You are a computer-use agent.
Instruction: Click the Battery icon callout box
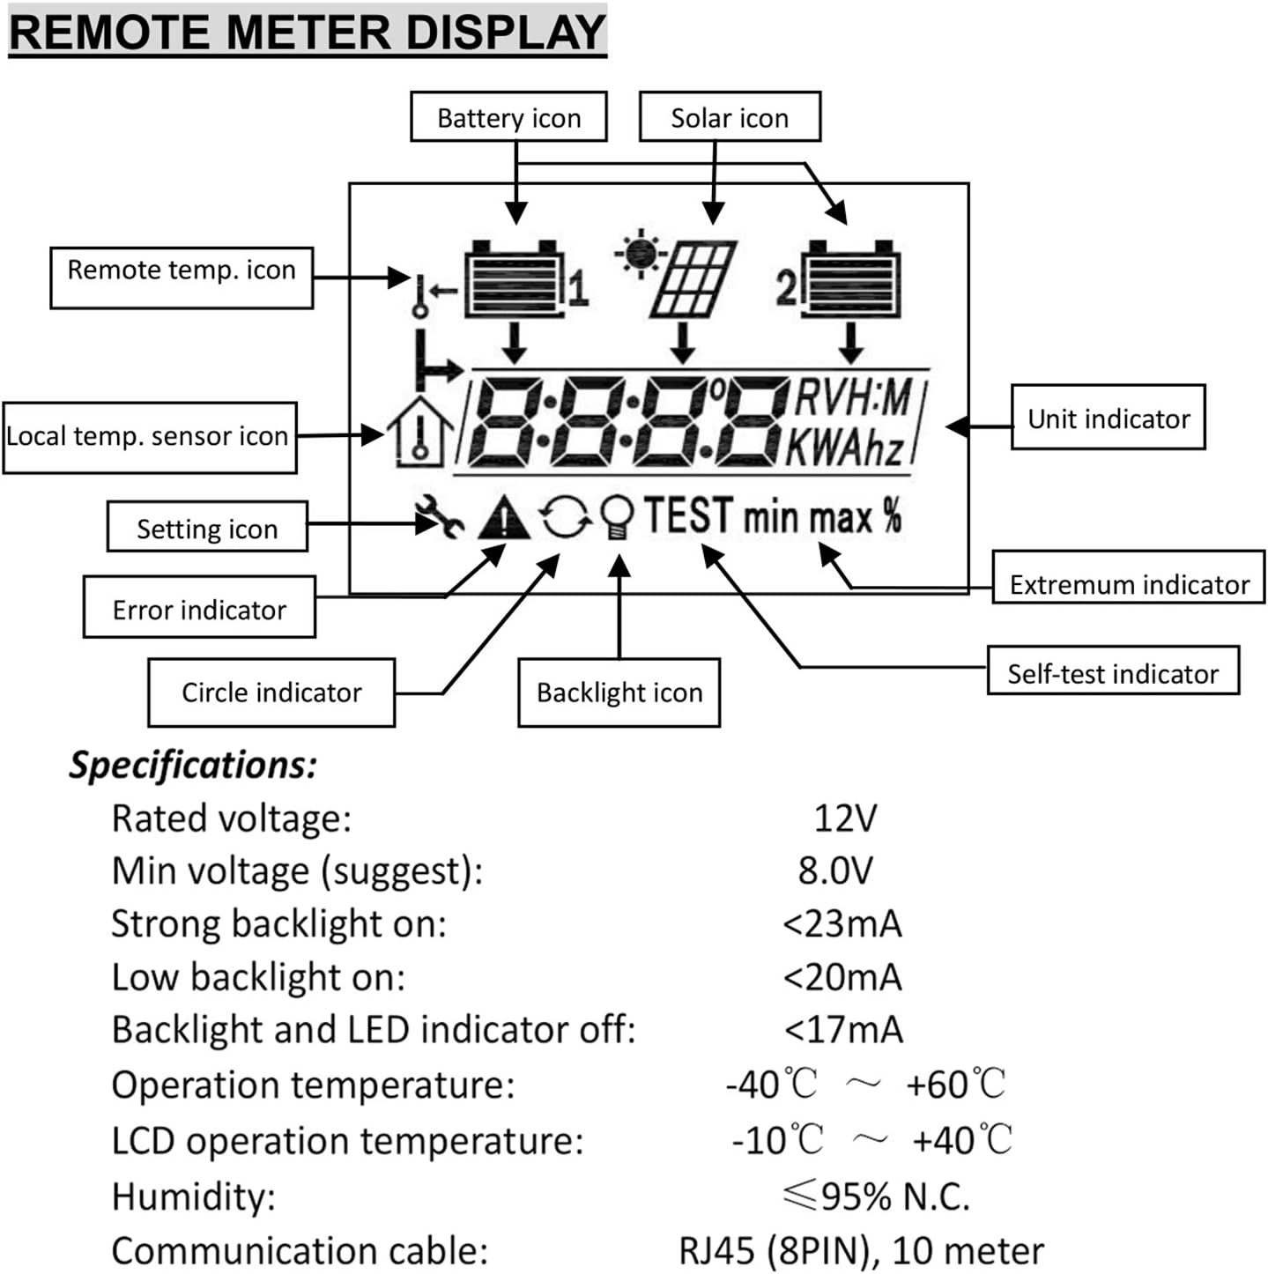coord(508,117)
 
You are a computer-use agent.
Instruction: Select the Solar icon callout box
coord(730,117)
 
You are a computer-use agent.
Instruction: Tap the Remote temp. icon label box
coord(182,277)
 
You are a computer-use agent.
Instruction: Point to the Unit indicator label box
coord(1108,418)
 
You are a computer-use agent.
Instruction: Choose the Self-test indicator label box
coord(1113,672)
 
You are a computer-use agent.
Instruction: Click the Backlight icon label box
coord(619,693)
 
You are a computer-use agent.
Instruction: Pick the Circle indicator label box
coord(271,693)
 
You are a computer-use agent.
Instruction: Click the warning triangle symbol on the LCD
coord(503,517)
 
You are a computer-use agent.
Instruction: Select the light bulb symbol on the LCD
coord(617,517)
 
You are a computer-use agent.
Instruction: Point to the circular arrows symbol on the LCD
coord(565,517)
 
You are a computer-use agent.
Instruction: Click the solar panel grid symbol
coord(693,278)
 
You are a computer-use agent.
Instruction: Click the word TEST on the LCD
coord(688,515)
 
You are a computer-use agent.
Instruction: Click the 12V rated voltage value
coord(844,818)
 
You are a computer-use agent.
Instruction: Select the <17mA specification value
coord(843,1029)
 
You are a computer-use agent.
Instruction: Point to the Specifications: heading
coord(193,764)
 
